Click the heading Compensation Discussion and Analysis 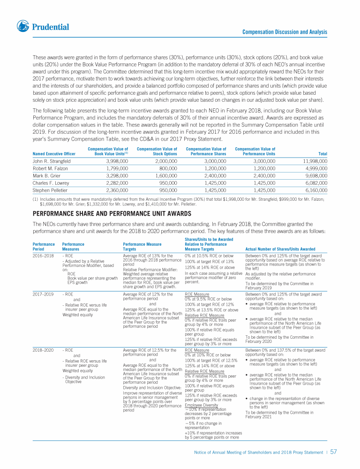285,32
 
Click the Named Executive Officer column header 53,153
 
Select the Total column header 322,153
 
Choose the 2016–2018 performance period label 43,255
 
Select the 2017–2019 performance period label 43,294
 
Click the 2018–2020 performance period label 43,350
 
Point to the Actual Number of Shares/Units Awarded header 280,249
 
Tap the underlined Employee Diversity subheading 202,405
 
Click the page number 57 333,453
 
